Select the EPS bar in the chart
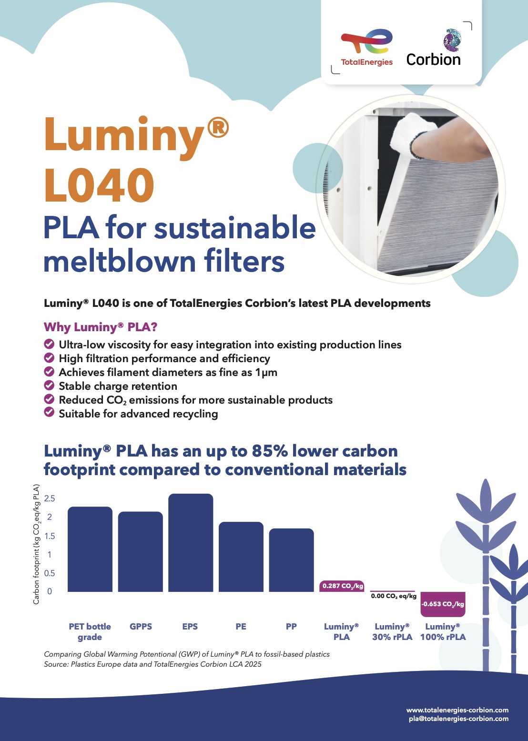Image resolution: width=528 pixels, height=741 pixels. tap(191, 543)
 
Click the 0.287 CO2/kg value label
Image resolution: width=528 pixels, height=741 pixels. tap(342, 586)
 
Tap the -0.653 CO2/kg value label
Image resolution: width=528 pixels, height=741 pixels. tap(443, 604)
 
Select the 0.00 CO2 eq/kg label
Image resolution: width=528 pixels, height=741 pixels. tap(394, 596)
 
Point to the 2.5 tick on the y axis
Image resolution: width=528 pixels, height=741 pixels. tap(50, 498)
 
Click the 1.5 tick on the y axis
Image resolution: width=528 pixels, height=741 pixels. tap(50, 536)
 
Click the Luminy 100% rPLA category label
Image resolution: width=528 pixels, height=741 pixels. tap(443, 632)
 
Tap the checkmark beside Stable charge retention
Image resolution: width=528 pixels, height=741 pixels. tap(49, 385)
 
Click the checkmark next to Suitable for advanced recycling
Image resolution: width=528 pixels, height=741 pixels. tap(49, 413)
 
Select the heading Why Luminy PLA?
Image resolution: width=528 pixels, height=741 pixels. tap(101, 327)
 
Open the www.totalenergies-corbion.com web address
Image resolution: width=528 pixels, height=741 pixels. tap(457, 710)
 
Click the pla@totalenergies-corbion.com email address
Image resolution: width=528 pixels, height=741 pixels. tap(458, 719)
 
